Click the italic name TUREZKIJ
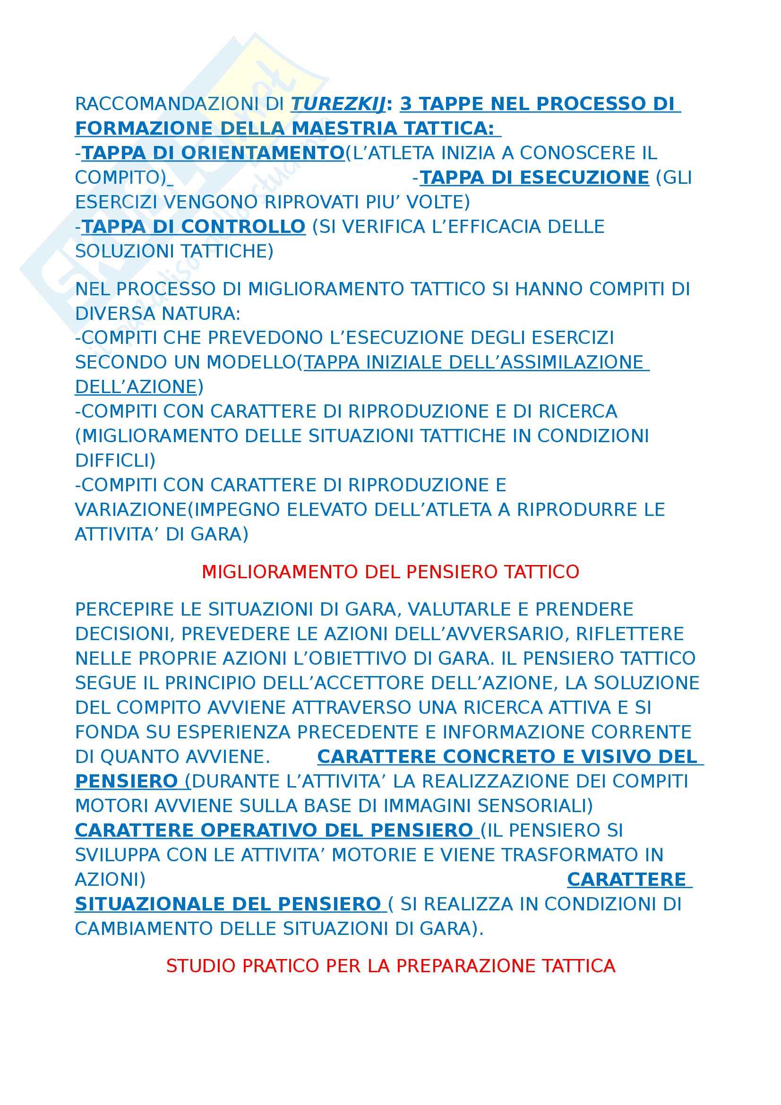point(338,104)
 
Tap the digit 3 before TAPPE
point(406,104)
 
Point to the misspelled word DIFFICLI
point(115,461)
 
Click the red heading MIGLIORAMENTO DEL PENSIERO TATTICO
point(390,572)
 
